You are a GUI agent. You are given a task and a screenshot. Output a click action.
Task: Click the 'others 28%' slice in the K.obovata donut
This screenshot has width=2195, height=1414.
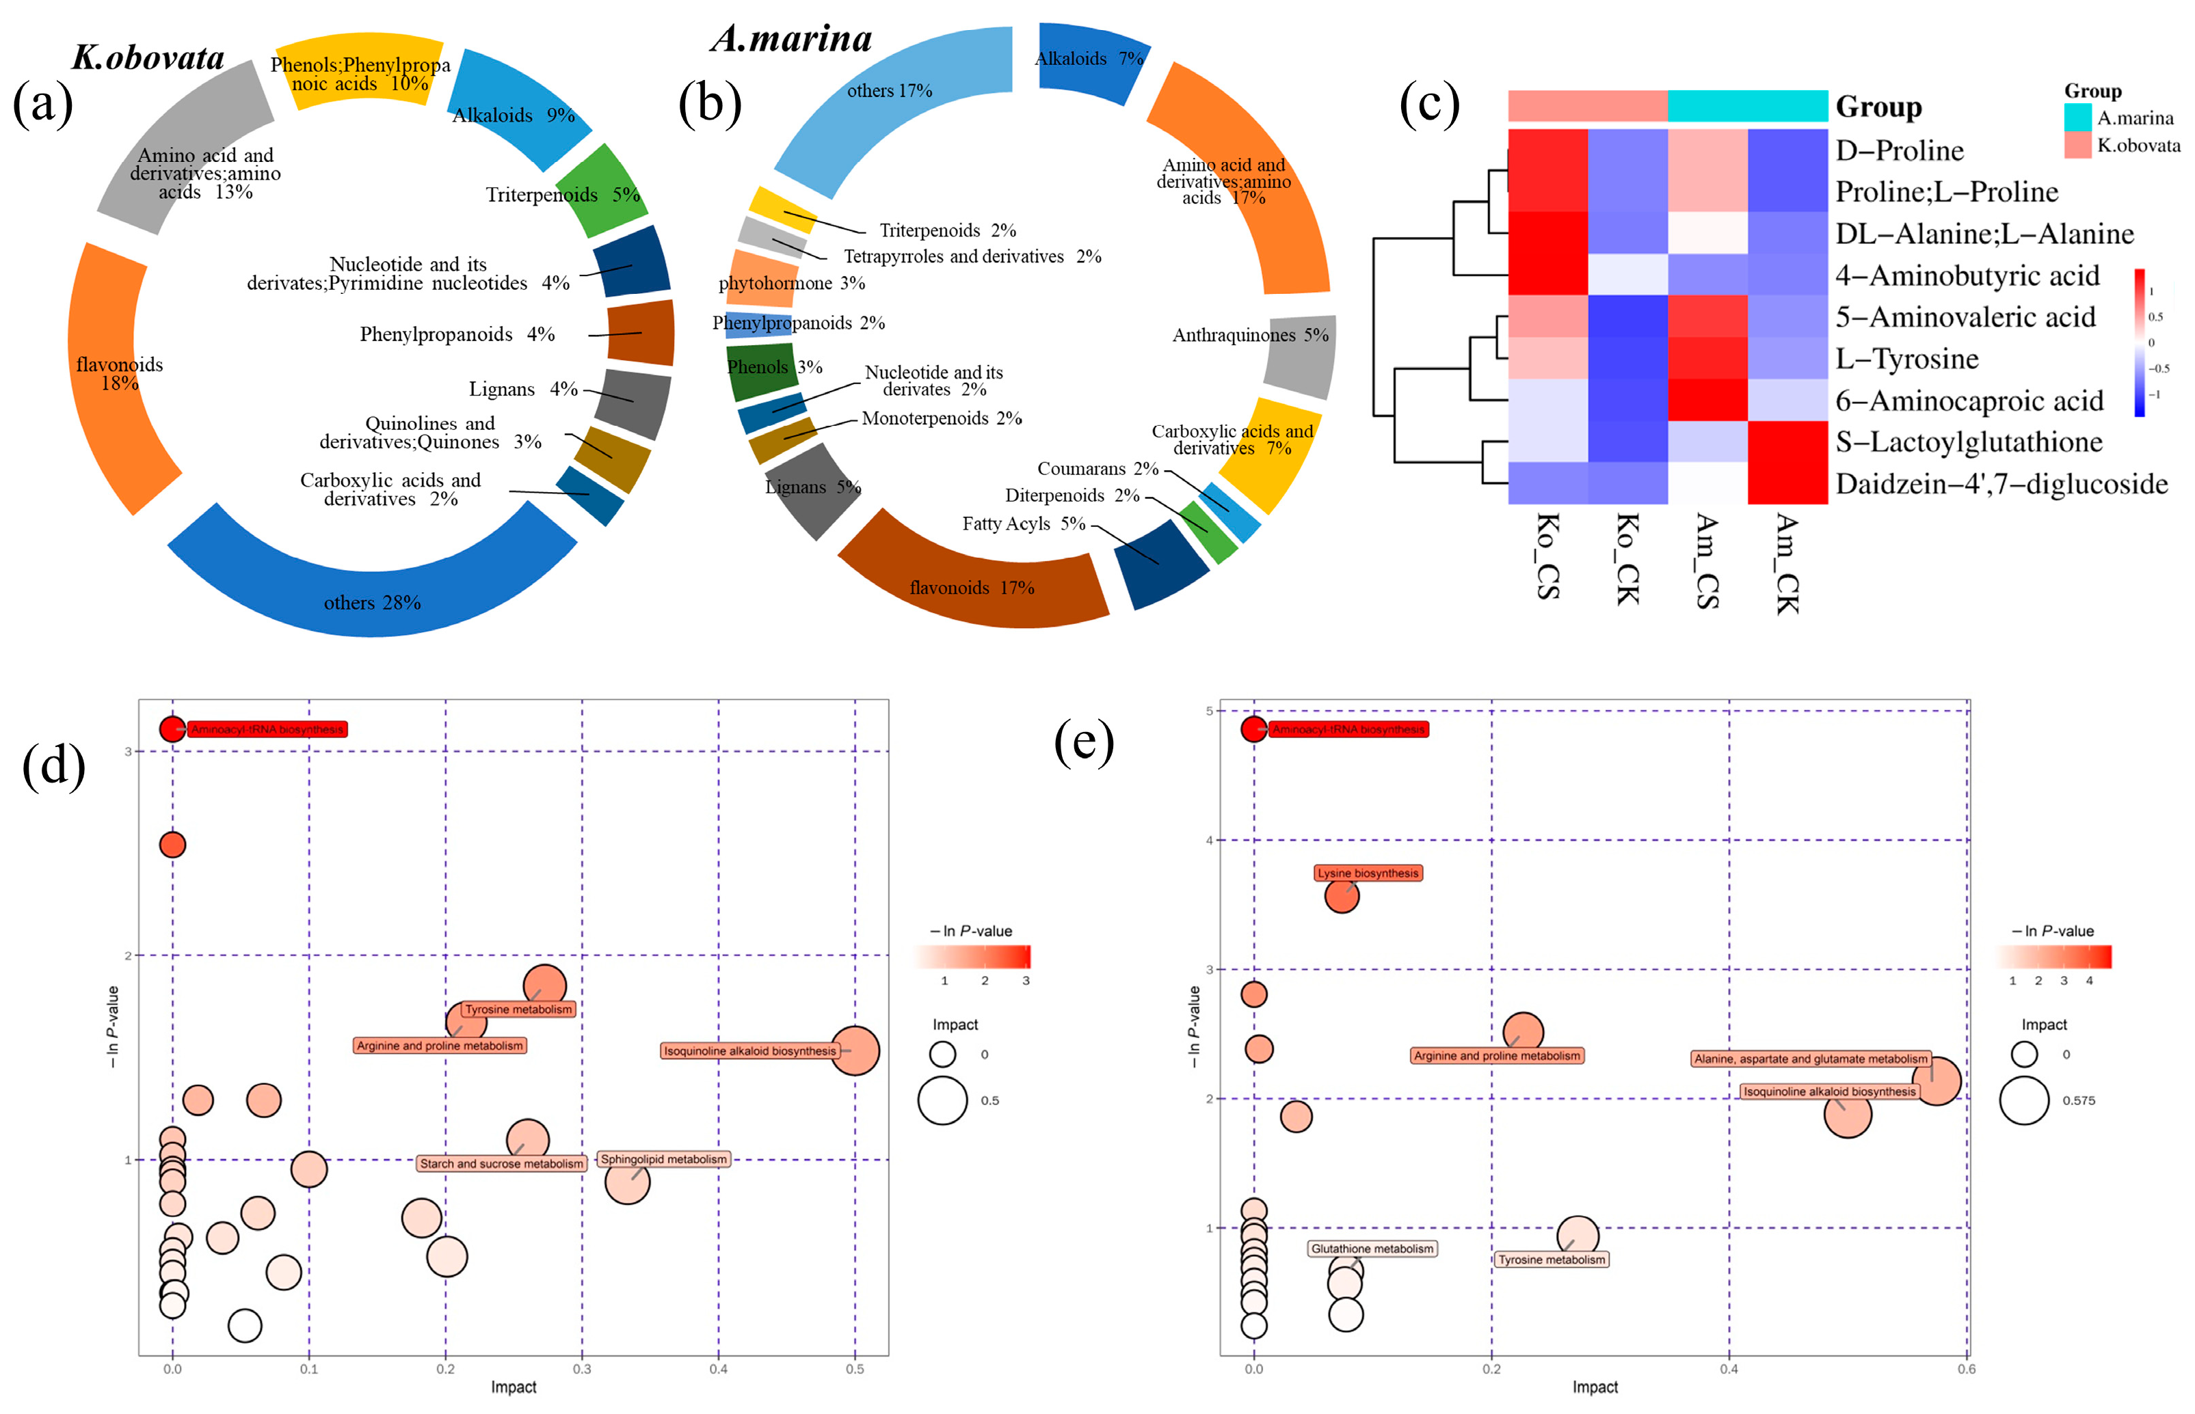372,588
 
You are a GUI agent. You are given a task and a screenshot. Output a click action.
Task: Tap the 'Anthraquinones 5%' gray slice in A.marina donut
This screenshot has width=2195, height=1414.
1299,353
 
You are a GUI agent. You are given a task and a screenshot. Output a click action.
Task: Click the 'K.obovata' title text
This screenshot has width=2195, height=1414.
149,58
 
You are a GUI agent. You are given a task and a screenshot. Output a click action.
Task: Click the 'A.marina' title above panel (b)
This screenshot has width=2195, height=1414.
792,38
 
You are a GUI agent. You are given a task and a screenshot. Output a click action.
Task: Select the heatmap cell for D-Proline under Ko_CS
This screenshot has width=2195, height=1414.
1547,150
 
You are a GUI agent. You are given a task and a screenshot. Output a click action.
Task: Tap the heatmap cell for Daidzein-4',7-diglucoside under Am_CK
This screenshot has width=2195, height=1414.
1787,483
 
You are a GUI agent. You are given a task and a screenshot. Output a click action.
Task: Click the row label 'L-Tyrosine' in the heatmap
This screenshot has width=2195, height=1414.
1906,359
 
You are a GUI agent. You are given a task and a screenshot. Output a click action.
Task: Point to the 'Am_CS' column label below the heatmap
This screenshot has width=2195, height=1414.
1706,560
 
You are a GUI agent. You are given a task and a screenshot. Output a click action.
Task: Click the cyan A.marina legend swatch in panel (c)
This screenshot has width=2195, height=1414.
2077,118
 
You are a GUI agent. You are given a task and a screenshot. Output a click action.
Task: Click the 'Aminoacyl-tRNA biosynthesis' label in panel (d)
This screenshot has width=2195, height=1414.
267,730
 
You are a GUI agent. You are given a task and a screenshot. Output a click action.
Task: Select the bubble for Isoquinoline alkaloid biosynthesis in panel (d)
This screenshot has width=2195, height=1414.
854,1051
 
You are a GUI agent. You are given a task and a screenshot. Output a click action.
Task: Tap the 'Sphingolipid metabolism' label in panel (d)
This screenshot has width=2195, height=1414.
663,1160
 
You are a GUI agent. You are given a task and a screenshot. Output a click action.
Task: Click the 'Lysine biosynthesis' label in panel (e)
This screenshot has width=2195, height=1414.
1368,873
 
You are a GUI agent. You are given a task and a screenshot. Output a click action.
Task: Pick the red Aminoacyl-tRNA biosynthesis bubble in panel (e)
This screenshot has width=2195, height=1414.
1253,729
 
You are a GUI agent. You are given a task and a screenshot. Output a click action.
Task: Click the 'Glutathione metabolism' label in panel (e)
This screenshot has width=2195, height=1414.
1372,1249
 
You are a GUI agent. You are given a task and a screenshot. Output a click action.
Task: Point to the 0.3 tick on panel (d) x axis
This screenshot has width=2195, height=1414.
583,1369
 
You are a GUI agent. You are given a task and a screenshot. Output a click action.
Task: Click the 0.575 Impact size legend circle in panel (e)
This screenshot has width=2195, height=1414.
2023,1100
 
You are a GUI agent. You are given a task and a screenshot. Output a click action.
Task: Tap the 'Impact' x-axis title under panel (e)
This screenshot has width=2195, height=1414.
1595,1387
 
